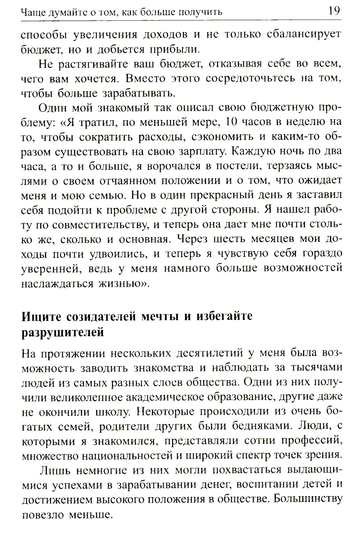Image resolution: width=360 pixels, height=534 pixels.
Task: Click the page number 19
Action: [x=334, y=11]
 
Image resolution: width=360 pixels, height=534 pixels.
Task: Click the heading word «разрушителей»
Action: [x=63, y=332]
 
